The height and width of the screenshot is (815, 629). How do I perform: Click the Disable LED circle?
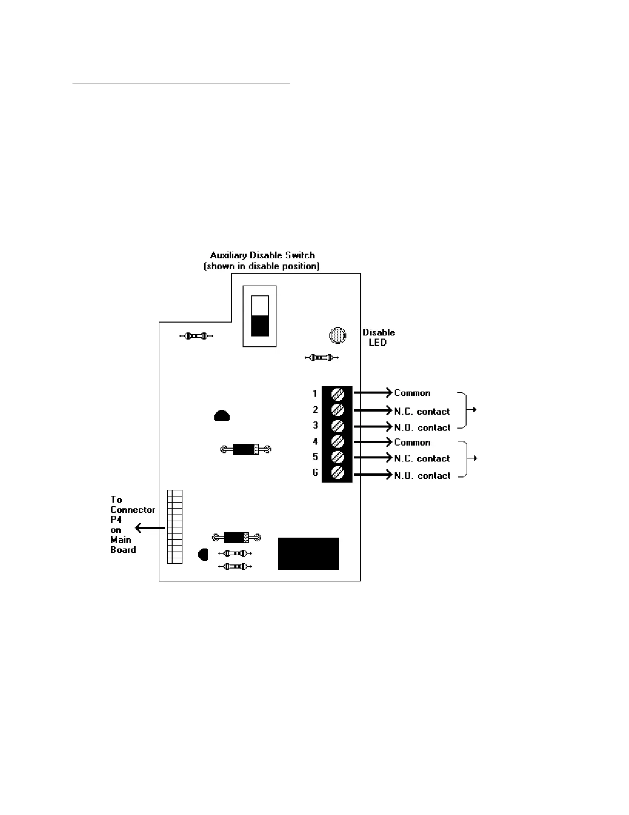(x=338, y=335)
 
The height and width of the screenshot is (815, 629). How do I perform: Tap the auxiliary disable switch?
(x=260, y=316)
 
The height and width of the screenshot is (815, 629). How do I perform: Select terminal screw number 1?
(x=337, y=394)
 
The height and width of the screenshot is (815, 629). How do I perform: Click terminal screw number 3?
(x=337, y=426)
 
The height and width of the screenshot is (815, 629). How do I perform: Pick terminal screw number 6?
(x=337, y=472)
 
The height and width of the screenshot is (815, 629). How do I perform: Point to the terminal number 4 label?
(x=315, y=441)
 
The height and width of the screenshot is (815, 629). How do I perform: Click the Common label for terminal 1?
(x=412, y=393)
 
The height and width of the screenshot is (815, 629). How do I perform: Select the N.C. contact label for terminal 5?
(x=422, y=458)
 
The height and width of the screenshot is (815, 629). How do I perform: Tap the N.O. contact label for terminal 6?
(x=422, y=476)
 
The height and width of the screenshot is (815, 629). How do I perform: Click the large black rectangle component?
(x=308, y=554)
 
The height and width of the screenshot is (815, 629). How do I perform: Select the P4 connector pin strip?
(x=175, y=526)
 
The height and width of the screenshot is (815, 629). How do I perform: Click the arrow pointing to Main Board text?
(x=149, y=528)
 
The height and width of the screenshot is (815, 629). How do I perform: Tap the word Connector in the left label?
(x=133, y=509)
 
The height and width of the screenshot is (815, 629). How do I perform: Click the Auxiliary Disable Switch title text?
(x=262, y=255)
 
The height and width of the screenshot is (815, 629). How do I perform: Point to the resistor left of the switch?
(x=196, y=336)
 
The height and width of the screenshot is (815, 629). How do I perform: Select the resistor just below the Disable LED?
(x=322, y=357)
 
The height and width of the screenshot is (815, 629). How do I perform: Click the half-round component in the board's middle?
(x=221, y=416)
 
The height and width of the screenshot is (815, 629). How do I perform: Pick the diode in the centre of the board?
(x=246, y=449)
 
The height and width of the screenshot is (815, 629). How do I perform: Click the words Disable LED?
(x=379, y=337)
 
